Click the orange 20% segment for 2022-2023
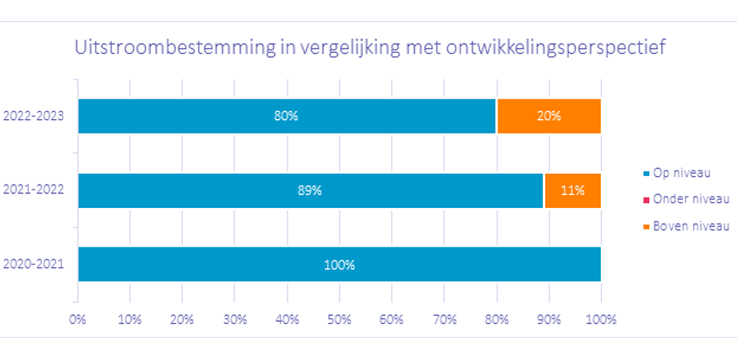[x=549, y=116]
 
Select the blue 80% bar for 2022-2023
[x=287, y=116]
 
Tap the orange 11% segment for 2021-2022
[x=573, y=191]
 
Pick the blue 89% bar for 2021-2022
[x=310, y=191]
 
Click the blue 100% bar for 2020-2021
[x=340, y=264]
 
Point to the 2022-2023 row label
[x=33, y=116]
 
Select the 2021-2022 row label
[x=33, y=190]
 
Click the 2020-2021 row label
[x=33, y=264]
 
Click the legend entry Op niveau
[x=677, y=173]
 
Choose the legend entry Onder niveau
[x=686, y=199]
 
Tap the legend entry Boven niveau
[x=686, y=226]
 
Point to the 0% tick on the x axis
[x=78, y=320]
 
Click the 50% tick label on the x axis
[x=339, y=320]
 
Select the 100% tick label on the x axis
[x=601, y=320]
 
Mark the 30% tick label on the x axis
[x=235, y=320]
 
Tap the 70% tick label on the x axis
[x=444, y=320]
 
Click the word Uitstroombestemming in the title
[x=175, y=47]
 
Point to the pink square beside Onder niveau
[x=646, y=200]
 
